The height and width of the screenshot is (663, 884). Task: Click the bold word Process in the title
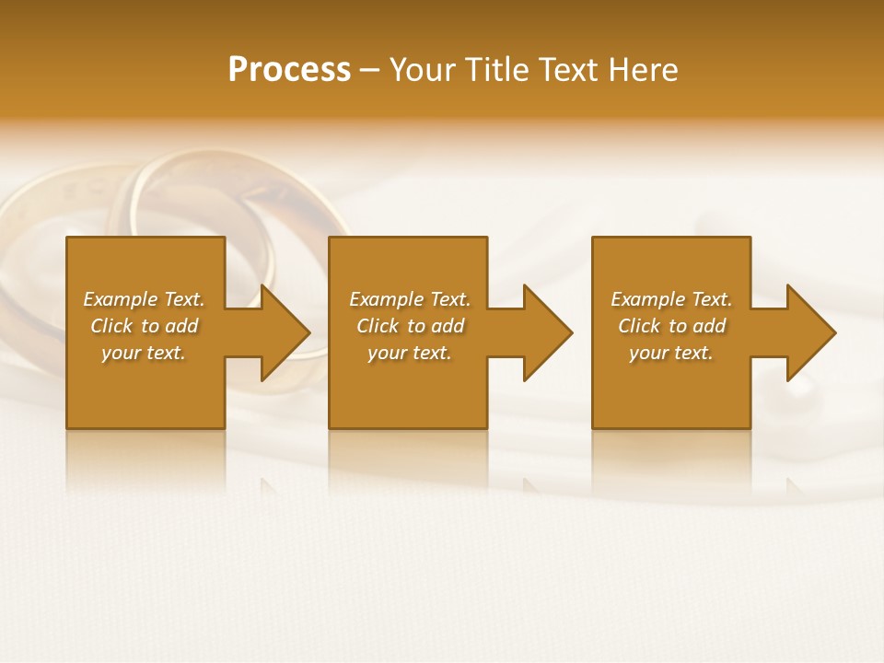[289, 70]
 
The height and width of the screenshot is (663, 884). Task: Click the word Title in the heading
[498, 70]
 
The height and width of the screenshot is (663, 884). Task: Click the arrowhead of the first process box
[285, 332]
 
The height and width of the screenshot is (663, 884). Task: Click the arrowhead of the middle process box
[548, 332]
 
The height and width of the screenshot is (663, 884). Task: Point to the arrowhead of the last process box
[811, 332]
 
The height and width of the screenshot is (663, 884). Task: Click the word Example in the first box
[120, 299]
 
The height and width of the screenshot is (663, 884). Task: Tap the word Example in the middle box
[386, 299]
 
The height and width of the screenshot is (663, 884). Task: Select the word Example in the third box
[647, 299]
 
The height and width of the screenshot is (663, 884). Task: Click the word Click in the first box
[111, 326]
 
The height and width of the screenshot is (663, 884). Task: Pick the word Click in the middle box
[378, 326]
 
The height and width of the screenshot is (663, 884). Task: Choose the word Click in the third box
[639, 326]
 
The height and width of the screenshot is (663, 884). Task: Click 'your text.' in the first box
[144, 353]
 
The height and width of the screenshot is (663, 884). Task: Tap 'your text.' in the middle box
[410, 353]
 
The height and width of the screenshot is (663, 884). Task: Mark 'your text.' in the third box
[671, 353]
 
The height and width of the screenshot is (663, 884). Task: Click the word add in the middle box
[447, 326]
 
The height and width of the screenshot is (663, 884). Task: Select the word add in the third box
[708, 326]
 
